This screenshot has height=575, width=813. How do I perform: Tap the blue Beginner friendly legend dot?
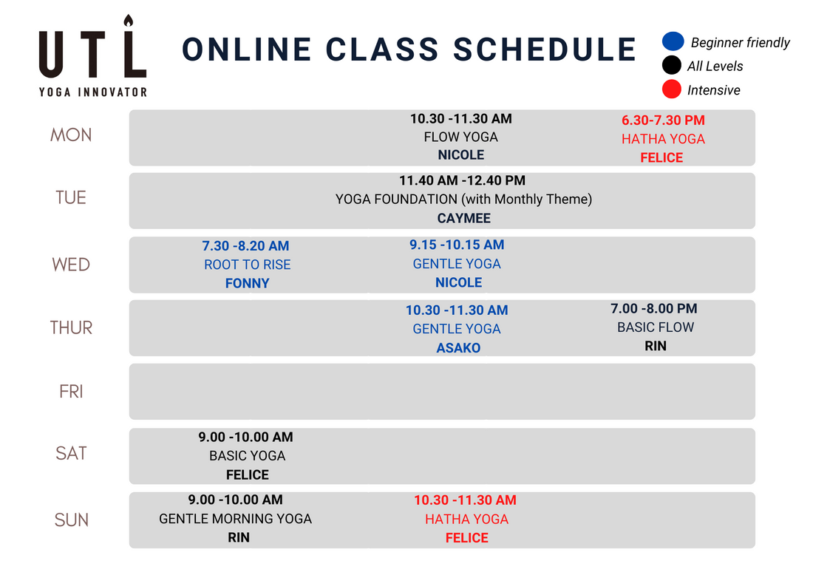point(672,42)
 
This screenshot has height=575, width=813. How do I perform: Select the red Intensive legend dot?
point(671,90)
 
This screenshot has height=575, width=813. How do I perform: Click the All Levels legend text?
point(715,67)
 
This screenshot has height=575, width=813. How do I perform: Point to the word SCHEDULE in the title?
point(545,50)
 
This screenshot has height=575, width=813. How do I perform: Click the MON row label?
point(71,135)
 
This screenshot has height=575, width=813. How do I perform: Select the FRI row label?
point(71,392)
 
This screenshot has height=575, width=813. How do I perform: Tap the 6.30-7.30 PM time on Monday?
point(663,120)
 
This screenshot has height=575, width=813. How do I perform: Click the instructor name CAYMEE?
point(463,218)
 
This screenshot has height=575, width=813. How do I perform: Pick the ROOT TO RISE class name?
point(247,265)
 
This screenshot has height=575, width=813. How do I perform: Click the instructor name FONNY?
point(247,283)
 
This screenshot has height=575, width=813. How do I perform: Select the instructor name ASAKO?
point(457,348)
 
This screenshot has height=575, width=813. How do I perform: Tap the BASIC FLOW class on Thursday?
point(655,327)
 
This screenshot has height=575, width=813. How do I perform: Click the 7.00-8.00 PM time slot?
point(653,308)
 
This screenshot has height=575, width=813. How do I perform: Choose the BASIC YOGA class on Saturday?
point(247,456)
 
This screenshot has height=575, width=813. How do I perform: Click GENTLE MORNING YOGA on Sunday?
point(235,519)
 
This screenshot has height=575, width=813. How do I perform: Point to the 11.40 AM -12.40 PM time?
point(462,180)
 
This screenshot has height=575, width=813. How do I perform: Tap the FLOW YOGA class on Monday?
point(460,137)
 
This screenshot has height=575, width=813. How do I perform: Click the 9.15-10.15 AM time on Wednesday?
point(457,245)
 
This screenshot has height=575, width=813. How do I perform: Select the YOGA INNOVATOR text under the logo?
point(92,92)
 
